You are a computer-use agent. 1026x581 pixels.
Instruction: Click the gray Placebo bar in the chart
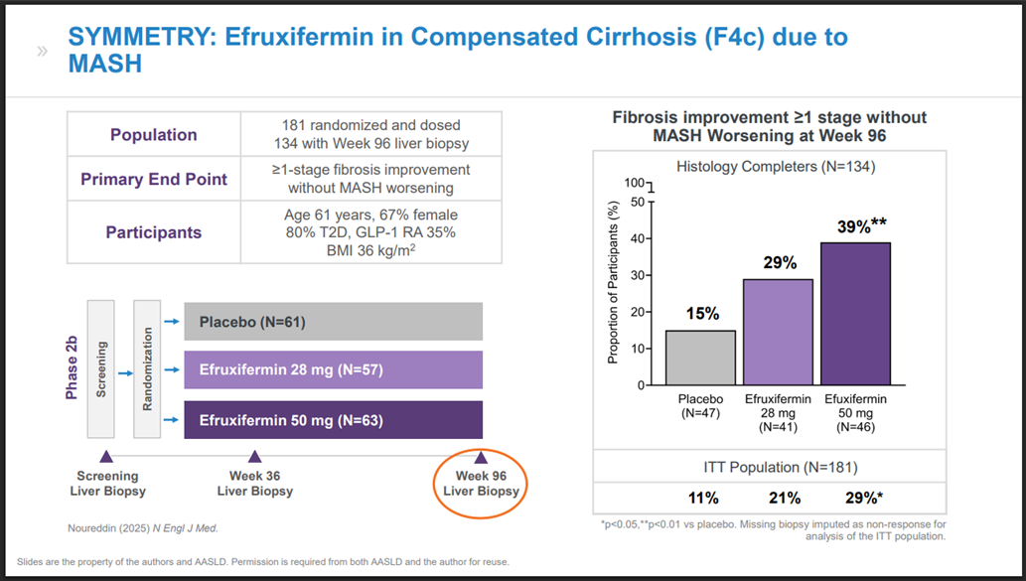pyautogui.click(x=700, y=358)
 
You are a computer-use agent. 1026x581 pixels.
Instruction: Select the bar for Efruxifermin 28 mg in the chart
pyautogui.click(x=779, y=332)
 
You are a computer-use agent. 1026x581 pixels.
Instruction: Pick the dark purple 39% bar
pyautogui.click(x=856, y=313)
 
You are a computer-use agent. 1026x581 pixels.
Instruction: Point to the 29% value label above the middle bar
pyautogui.click(x=780, y=263)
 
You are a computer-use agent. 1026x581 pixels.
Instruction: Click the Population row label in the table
pyautogui.click(x=153, y=135)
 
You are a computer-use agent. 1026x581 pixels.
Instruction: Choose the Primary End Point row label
pyautogui.click(x=153, y=180)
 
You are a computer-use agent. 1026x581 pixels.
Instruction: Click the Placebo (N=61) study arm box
pyautogui.click(x=334, y=321)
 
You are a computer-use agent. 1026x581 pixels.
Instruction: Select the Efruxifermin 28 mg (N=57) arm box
pyautogui.click(x=334, y=370)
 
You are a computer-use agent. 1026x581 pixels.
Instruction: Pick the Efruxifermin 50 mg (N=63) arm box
pyautogui.click(x=334, y=419)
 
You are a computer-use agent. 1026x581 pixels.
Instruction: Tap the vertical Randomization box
pyautogui.click(x=147, y=370)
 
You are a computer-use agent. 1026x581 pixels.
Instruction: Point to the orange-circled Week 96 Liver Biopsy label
pyautogui.click(x=481, y=484)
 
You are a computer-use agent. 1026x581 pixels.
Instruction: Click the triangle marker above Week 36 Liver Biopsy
pyautogui.click(x=254, y=457)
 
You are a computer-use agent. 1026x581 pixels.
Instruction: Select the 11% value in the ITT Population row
pyautogui.click(x=701, y=497)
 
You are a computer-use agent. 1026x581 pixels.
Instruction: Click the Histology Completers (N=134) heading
pyautogui.click(x=775, y=167)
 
